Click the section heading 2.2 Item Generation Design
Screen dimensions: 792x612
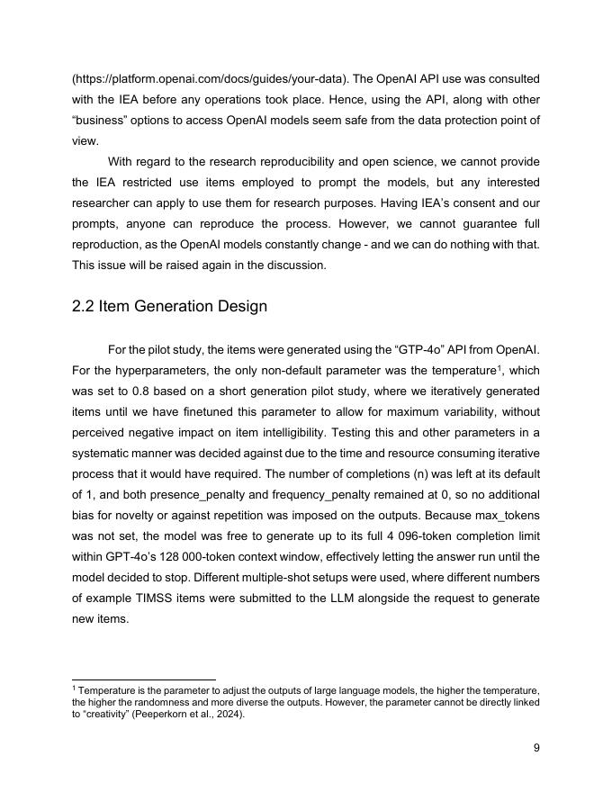(x=169, y=306)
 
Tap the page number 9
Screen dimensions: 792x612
(x=536, y=747)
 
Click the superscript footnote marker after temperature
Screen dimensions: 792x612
(x=499, y=367)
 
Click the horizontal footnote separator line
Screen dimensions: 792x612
(x=144, y=679)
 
